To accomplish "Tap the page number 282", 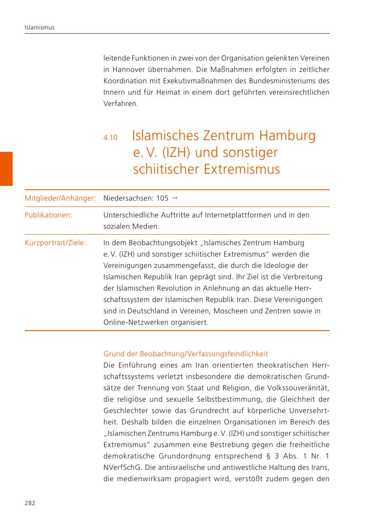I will tap(30, 503).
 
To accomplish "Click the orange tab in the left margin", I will tap(6, 168).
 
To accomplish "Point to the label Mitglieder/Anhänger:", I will tap(60, 198).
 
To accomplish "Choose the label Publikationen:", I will tap(48, 215).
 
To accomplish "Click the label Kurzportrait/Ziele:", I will tap(55, 243).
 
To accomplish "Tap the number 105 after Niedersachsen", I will tap(162, 198).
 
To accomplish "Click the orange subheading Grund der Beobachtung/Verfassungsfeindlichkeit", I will tap(185, 354).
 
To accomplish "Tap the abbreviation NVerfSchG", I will tap(121, 467).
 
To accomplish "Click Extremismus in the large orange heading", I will tap(242, 169).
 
